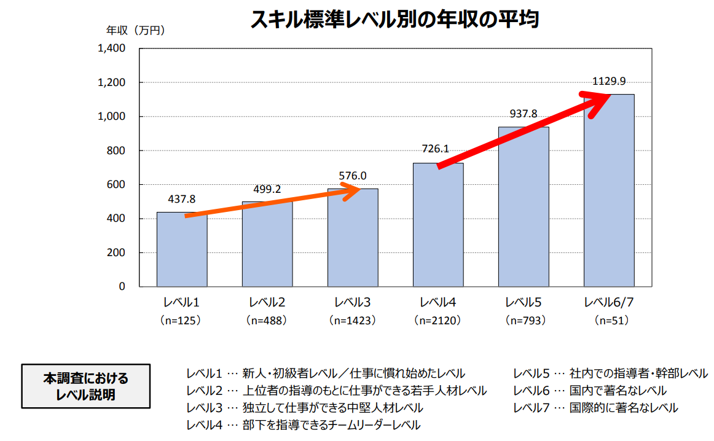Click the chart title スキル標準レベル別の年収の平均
pyautogui.click(x=394, y=20)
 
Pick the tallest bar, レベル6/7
pyautogui.click(x=609, y=190)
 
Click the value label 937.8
pyautogui.click(x=524, y=114)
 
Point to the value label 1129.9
pyautogui.click(x=609, y=81)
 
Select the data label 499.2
pyautogui.click(x=267, y=189)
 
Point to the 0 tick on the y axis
pyautogui.click(x=122, y=287)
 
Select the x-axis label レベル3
pyautogui.click(x=353, y=303)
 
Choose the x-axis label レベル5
pyautogui.click(x=524, y=303)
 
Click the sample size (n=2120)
pyautogui.click(x=438, y=321)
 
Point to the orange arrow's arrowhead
pyautogui.click(x=353, y=192)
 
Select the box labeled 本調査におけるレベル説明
pyautogui.click(x=86, y=386)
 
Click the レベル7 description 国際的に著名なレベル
pyautogui.click(x=624, y=408)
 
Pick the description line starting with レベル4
pyautogui.click(x=304, y=425)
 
